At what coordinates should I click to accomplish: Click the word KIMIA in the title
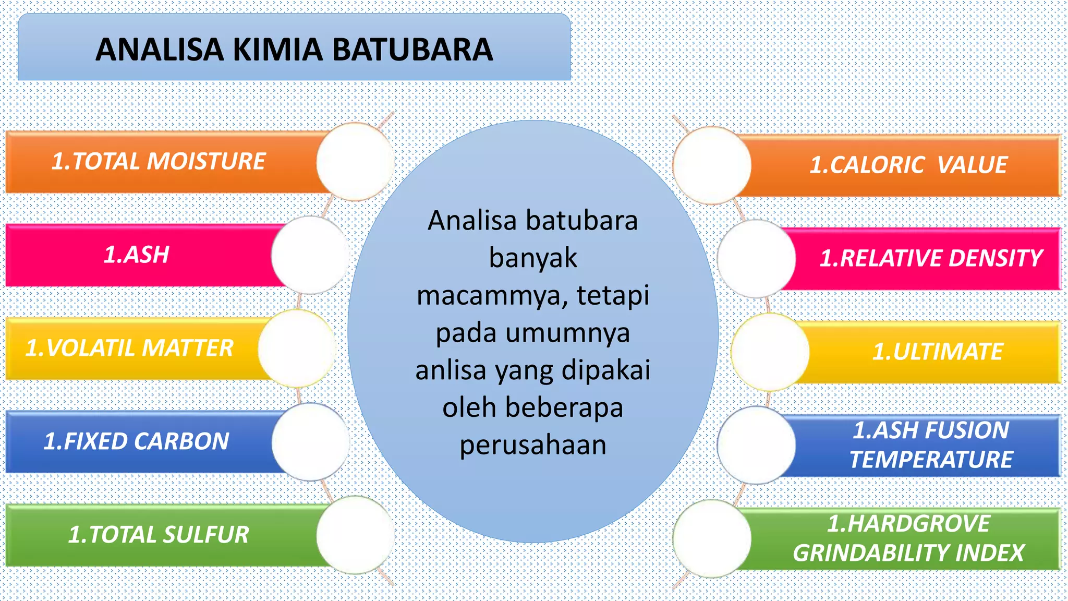coord(277,50)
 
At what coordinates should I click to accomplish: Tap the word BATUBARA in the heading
coord(411,50)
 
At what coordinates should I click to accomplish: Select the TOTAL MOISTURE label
coord(159,161)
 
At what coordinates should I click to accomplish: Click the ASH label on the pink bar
coord(137,255)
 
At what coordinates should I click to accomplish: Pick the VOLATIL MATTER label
coord(129,348)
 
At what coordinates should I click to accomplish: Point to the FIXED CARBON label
coord(136,441)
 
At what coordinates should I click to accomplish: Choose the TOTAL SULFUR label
coord(159,535)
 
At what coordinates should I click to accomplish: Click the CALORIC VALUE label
coord(908,165)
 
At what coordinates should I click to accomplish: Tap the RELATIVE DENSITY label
coord(931,258)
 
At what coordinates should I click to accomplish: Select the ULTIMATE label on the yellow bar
coord(938,352)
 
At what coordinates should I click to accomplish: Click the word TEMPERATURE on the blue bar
coord(931,460)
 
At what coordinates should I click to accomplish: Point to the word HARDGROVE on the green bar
coord(908,524)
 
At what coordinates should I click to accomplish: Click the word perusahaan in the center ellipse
coord(533,445)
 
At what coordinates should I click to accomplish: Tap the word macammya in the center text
coord(488,296)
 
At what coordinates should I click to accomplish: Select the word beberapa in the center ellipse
coord(564,407)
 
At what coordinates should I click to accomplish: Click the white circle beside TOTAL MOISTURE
coord(355,162)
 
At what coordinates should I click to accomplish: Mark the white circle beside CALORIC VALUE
coord(712,165)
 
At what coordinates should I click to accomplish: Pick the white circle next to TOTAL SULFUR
coord(355,535)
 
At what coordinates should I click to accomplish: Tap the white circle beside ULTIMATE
coord(770,352)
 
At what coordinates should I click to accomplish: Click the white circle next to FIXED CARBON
coord(310,442)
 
